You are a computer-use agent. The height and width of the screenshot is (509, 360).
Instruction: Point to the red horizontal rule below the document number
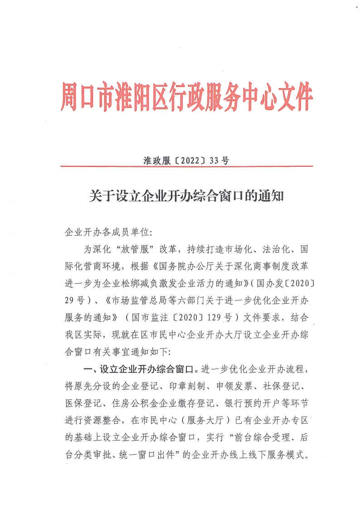click(186, 167)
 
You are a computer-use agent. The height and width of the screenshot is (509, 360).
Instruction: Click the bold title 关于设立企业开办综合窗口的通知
click(186, 196)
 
